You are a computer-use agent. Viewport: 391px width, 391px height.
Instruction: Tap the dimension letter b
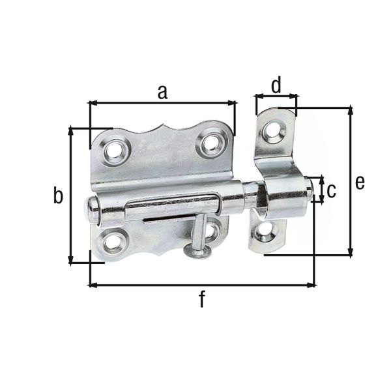(58, 195)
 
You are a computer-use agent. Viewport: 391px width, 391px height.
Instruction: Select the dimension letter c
(331, 190)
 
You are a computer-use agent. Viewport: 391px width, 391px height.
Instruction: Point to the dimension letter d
(276, 85)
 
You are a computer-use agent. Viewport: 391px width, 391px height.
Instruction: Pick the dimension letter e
(360, 182)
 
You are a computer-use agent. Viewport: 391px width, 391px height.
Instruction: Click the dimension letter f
(202, 299)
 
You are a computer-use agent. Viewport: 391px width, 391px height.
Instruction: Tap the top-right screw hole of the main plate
(212, 142)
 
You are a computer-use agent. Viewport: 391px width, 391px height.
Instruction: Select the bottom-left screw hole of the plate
(113, 243)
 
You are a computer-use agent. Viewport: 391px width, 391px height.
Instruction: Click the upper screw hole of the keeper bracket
(272, 131)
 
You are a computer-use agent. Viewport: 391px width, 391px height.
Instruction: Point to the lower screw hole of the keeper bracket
(265, 231)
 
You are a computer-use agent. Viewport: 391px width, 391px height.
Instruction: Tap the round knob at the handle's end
(197, 250)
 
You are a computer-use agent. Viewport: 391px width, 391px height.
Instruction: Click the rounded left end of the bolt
(92, 210)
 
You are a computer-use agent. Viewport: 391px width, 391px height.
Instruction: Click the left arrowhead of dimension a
(91, 102)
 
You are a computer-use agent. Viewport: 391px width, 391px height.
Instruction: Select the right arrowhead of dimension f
(312, 284)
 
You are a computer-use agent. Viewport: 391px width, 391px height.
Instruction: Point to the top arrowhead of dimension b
(71, 131)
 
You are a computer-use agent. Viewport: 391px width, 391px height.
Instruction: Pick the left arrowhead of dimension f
(92, 284)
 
